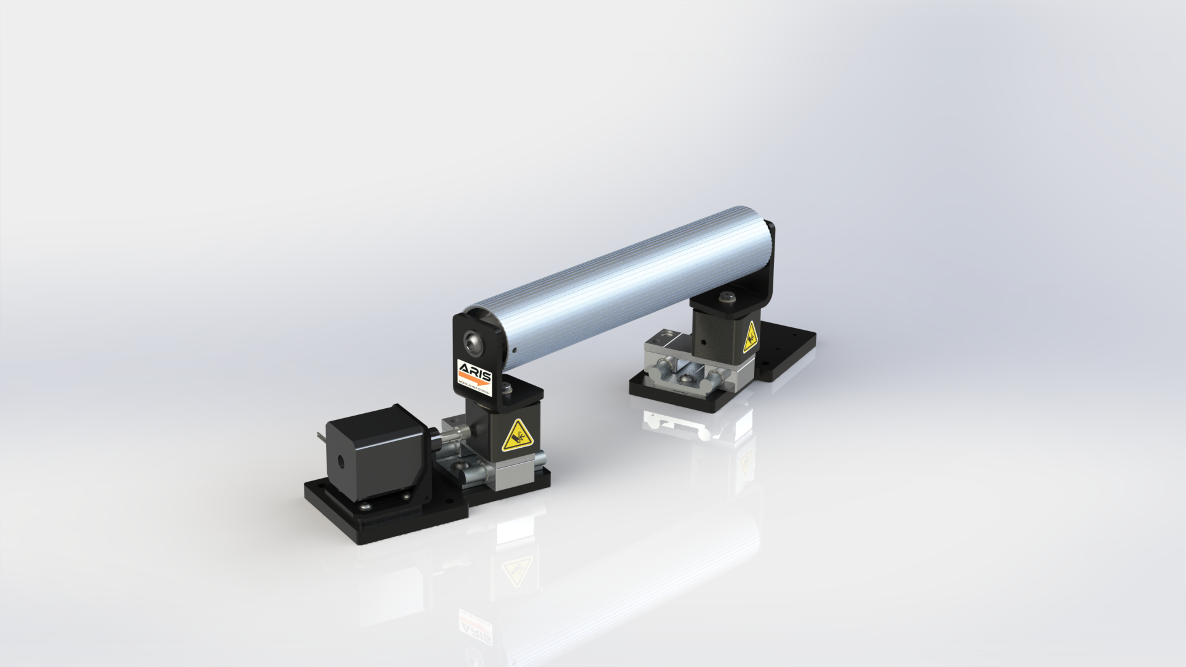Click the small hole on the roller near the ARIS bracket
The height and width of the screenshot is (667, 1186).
click(514, 350)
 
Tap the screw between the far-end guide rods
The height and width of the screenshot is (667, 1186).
click(686, 378)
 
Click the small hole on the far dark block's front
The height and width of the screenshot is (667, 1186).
click(703, 342)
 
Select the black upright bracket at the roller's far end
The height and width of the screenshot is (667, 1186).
click(769, 266)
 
